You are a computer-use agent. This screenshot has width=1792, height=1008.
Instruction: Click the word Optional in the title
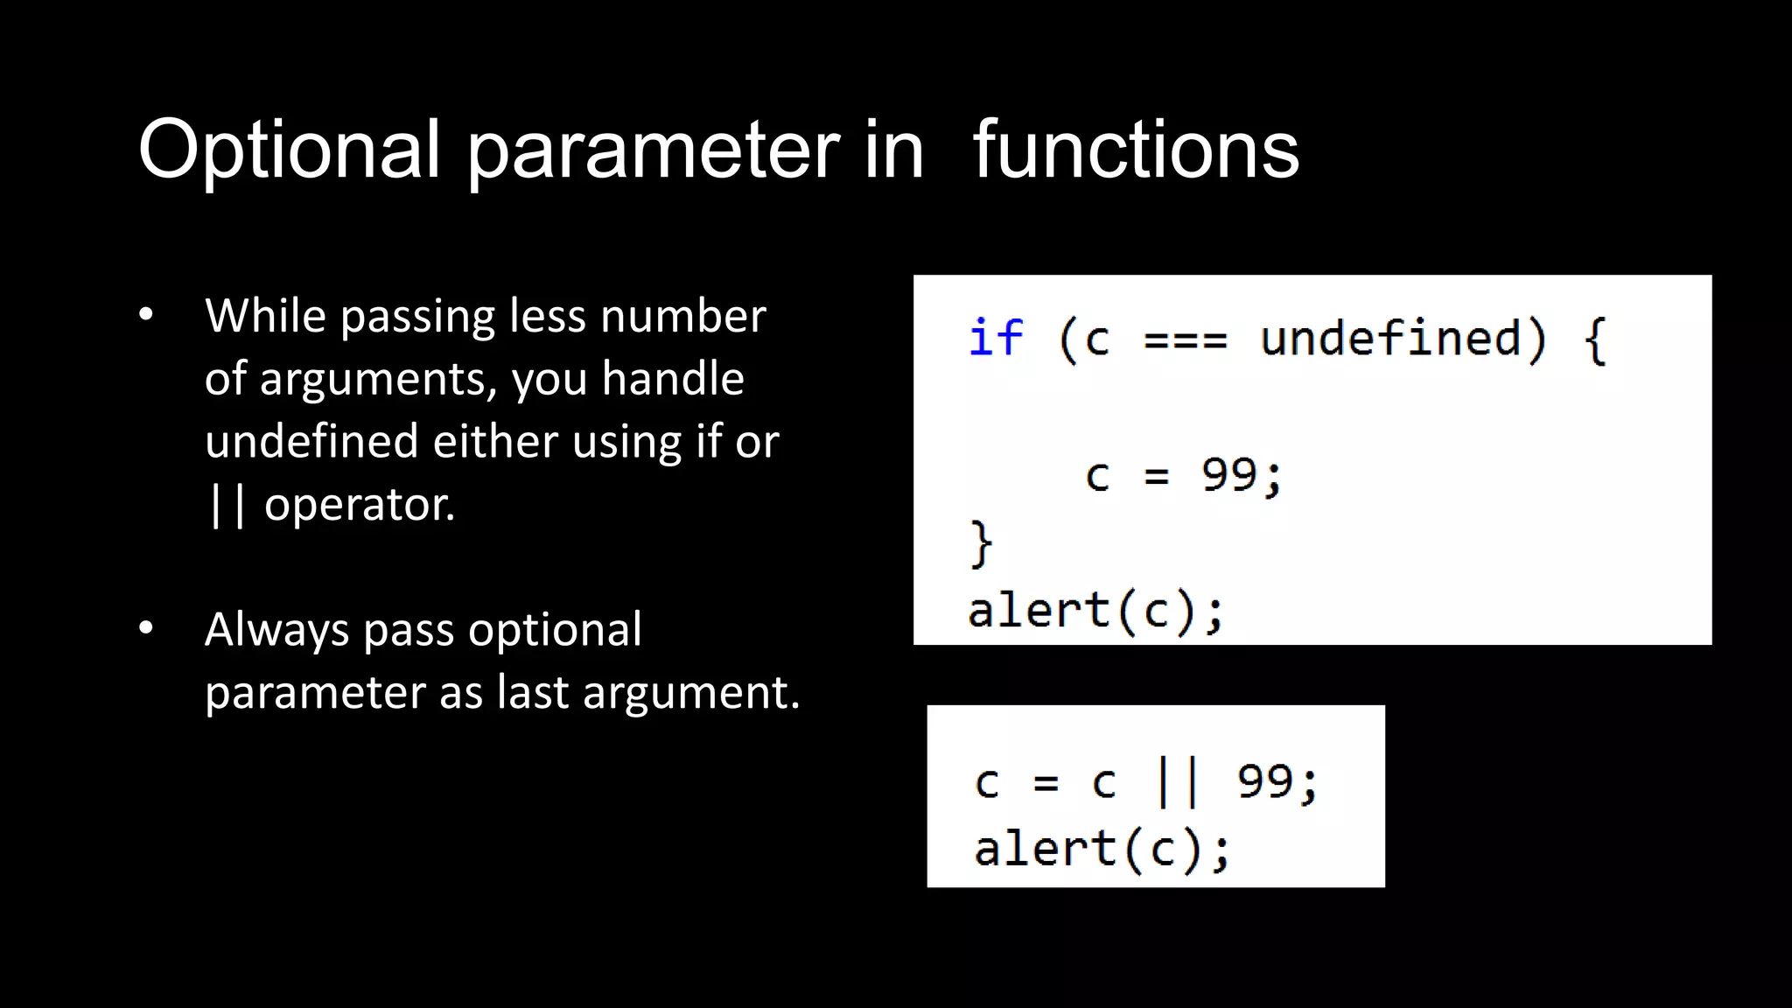289,150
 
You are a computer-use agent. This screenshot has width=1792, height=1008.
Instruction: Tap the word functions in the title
1136,150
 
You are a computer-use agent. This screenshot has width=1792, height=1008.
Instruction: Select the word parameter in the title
652,150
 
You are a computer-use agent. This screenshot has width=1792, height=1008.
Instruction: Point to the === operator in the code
1186,339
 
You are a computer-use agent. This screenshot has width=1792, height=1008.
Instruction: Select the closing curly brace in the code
981,543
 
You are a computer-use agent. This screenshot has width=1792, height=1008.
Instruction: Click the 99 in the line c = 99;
1228,475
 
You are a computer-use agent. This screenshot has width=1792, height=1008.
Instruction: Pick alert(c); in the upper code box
1095,611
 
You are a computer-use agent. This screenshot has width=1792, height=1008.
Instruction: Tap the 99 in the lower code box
1264,781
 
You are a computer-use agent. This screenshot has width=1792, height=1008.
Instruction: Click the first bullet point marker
146,315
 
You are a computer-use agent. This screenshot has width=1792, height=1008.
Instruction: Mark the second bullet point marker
146,628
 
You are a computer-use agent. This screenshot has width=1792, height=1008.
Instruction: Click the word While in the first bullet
265,316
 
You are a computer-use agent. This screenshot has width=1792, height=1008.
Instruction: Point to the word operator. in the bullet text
360,505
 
